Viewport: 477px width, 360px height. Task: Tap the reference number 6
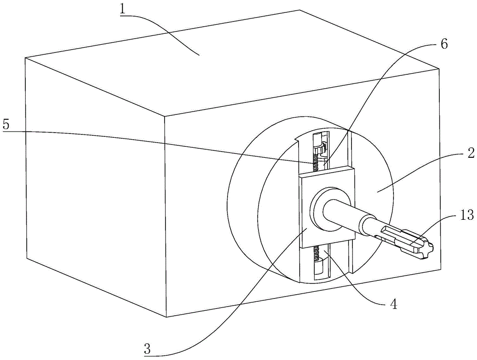point(444,44)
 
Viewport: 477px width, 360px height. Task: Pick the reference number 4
point(394,304)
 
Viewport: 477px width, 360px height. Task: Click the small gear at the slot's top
point(320,150)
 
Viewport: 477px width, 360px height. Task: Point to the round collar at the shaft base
point(329,210)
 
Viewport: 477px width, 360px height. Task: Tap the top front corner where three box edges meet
point(165,116)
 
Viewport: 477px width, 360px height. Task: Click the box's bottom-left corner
point(27,258)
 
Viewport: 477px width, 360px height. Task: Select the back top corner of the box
point(300,10)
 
